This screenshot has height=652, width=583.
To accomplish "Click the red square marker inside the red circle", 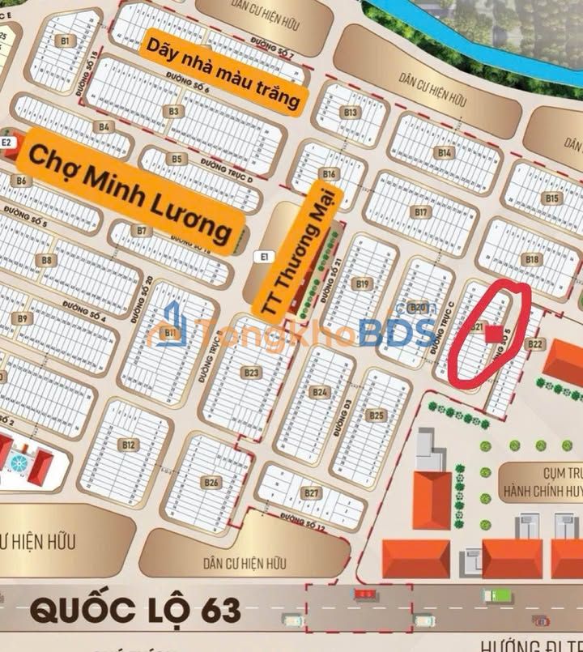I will [x=493, y=334].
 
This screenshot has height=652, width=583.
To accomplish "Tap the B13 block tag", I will [x=351, y=113].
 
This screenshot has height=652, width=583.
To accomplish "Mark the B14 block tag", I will [x=445, y=152].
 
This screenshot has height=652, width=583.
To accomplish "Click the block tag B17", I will [x=420, y=212].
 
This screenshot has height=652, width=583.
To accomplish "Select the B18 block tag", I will [x=532, y=259].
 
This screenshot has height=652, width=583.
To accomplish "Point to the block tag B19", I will [x=362, y=283].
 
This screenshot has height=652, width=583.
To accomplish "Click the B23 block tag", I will [x=251, y=373].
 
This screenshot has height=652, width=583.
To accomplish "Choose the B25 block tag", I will [x=376, y=415].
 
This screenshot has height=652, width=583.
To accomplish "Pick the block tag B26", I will [x=211, y=483].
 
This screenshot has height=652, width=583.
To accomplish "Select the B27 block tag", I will [x=311, y=492].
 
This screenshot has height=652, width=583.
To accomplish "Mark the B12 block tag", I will [x=128, y=444].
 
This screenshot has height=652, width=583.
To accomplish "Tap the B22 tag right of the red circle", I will [x=535, y=344].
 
